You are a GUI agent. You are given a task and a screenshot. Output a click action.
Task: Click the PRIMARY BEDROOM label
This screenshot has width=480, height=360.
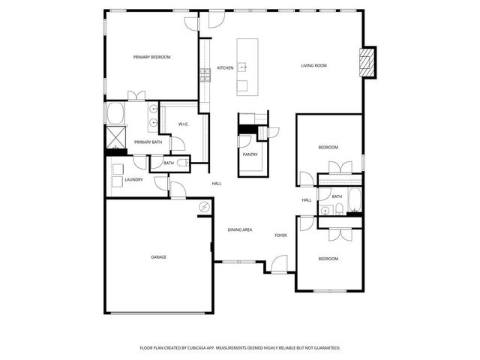coord(152,57)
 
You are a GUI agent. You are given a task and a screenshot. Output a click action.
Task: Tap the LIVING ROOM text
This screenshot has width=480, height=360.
coord(314,65)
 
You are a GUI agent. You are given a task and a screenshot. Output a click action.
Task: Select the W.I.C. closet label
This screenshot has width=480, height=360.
coord(183,124)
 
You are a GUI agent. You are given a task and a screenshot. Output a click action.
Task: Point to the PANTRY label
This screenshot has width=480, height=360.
coord(250,154)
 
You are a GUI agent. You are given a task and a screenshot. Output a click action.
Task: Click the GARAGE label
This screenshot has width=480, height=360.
coord(158,257)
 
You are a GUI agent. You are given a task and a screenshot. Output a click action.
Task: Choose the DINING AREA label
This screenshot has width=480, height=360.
coord(240,229)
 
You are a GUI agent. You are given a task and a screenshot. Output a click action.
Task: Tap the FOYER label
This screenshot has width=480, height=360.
coord(280,235)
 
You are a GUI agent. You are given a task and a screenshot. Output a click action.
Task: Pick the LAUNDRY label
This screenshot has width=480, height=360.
coord(134,180)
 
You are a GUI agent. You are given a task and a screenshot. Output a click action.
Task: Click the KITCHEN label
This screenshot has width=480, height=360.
coord(225,68)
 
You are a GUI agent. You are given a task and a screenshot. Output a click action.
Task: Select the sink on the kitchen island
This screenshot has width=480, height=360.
coord(243,67)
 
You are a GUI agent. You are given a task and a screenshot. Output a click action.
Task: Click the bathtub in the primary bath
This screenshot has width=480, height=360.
coord(115,114)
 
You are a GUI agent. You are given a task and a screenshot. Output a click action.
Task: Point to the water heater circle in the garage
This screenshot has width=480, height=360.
coord(203,207)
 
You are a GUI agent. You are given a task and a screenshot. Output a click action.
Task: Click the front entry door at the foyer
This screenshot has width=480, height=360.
coord(280,263)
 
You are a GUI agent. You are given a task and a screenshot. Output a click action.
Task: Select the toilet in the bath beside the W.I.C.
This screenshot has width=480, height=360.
coord(181,162)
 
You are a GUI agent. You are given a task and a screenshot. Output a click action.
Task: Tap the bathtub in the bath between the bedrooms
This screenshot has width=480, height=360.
coord(354,201)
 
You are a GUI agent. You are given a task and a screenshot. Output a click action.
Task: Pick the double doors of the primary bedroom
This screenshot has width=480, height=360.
coord(136,97)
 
